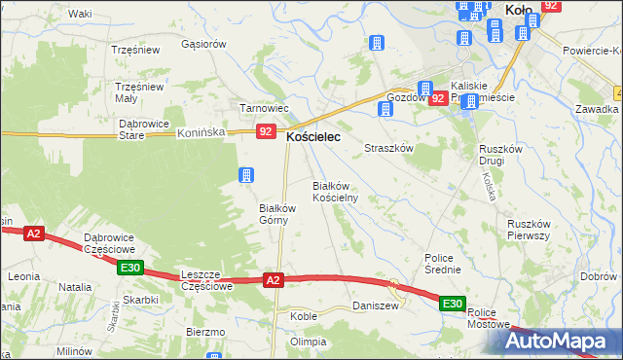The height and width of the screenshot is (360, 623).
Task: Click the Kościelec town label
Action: coord(312,139)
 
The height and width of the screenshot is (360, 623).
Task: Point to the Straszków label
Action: coord(389,149)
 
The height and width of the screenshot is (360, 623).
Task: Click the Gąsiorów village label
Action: coord(203,44)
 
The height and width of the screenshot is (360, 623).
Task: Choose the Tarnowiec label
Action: coord(261,108)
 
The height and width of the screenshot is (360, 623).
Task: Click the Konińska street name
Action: coord(202,132)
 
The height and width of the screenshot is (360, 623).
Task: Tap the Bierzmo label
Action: coord(205,332)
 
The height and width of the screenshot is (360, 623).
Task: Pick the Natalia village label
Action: coord(75,288)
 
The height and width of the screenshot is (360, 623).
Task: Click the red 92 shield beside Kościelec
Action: coord(265,131)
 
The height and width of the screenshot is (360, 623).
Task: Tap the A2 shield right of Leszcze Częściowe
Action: coord(274,280)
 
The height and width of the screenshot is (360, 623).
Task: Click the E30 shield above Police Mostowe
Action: coord(452,305)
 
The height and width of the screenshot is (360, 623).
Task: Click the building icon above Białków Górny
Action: coord(247,175)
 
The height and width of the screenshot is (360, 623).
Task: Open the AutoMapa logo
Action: coord(563,341)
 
